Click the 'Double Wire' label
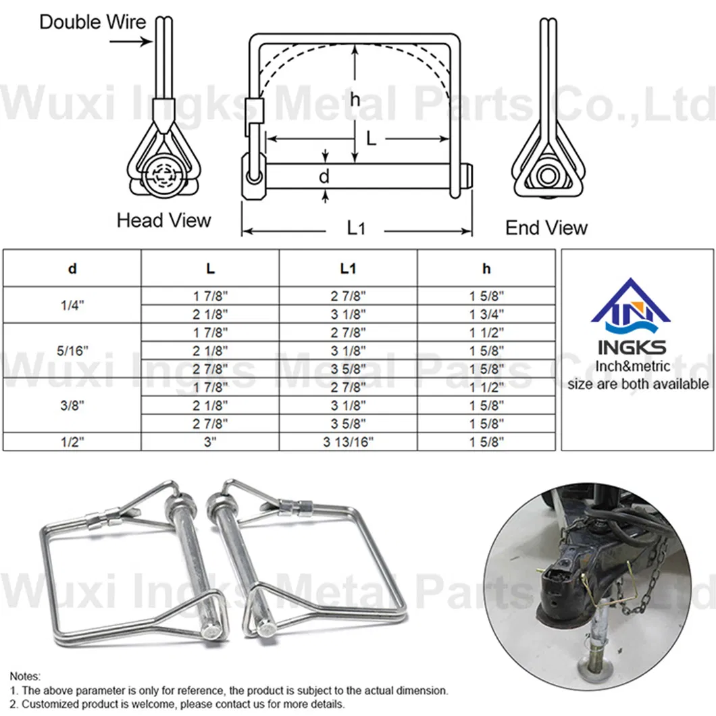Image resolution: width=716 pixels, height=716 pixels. click(x=93, y=22)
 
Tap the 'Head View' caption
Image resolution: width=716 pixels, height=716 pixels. click(x=164, y=221)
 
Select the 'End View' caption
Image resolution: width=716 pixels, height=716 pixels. click(x=546, y=228)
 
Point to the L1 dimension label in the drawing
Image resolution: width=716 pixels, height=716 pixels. click(x=356, y=228)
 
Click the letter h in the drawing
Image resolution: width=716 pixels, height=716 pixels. click(x=355, y=99)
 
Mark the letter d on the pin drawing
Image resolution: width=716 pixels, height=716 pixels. click(x=324, y=176)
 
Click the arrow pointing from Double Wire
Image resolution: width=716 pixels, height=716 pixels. click(x=130, y=42)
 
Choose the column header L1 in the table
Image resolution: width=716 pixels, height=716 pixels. click(x=348, y=269)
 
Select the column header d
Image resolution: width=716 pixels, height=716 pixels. click(x=72, y=269)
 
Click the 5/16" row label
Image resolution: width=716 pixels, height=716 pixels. click(x=72, y=351)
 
